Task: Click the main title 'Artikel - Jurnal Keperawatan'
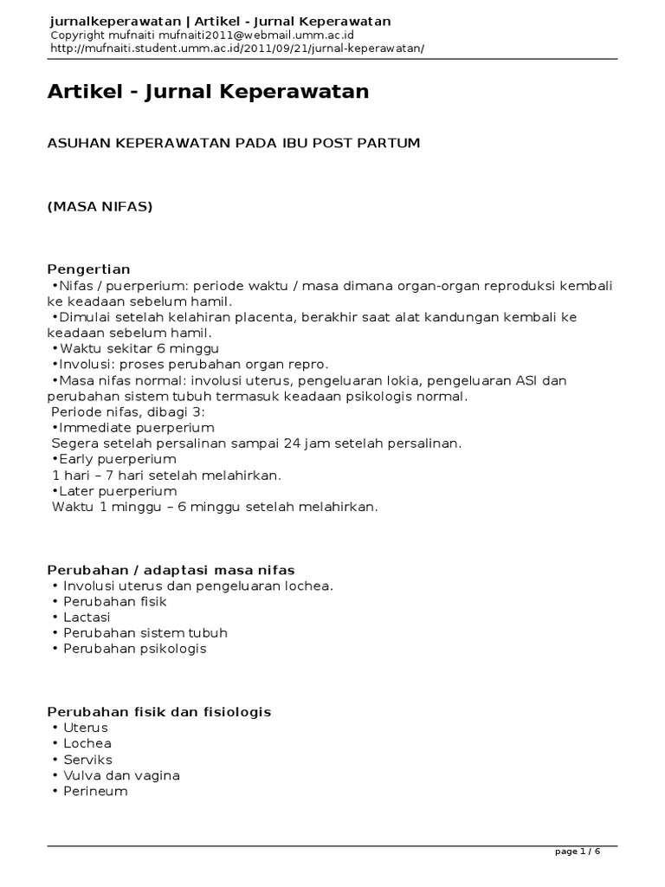[x=208, y=92]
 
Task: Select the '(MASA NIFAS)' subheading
[x=100, y=206]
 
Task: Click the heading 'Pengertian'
[x=88, y=269]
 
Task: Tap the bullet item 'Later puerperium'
[x=116, y=490]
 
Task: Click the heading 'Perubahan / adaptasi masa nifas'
[x=171, y=570]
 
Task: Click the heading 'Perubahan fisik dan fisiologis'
[x=159, y=712]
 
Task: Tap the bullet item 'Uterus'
[x=85, y=728]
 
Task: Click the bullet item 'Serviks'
[x=87, y=760]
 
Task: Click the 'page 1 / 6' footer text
[x=578, y=852]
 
